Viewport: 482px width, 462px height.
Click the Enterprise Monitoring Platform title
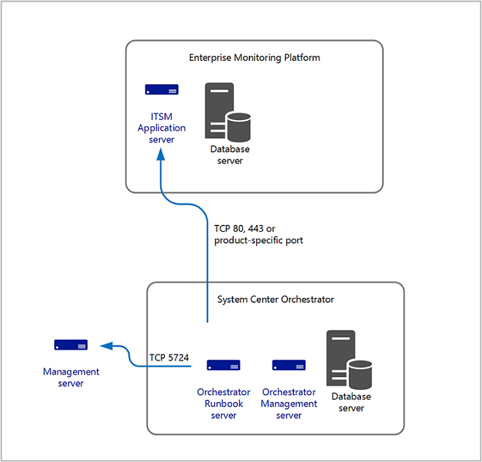[x=254, y=57]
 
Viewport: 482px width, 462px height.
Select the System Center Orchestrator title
[x=276, y=299]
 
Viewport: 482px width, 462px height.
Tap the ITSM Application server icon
[x=162, y=90]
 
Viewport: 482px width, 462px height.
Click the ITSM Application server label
[x=162, y=128]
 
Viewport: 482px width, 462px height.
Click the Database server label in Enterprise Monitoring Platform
[x=230, y=155]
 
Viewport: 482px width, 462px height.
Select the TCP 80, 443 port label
[x=258, y=234]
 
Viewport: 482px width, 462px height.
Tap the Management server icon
[x=71, y=345]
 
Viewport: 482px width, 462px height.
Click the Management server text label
[x=71, y=378]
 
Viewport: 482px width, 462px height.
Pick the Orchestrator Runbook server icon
[x=224, y=365]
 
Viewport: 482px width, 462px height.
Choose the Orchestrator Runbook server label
[x=224, y=403]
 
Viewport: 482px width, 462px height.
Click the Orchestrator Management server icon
[x=289, y=365]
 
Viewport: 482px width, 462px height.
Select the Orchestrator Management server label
[x=289, y=403]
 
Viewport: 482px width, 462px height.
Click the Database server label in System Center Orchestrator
[x=352, y=403]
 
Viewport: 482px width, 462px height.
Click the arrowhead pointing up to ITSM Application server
[x=161, y=154]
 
